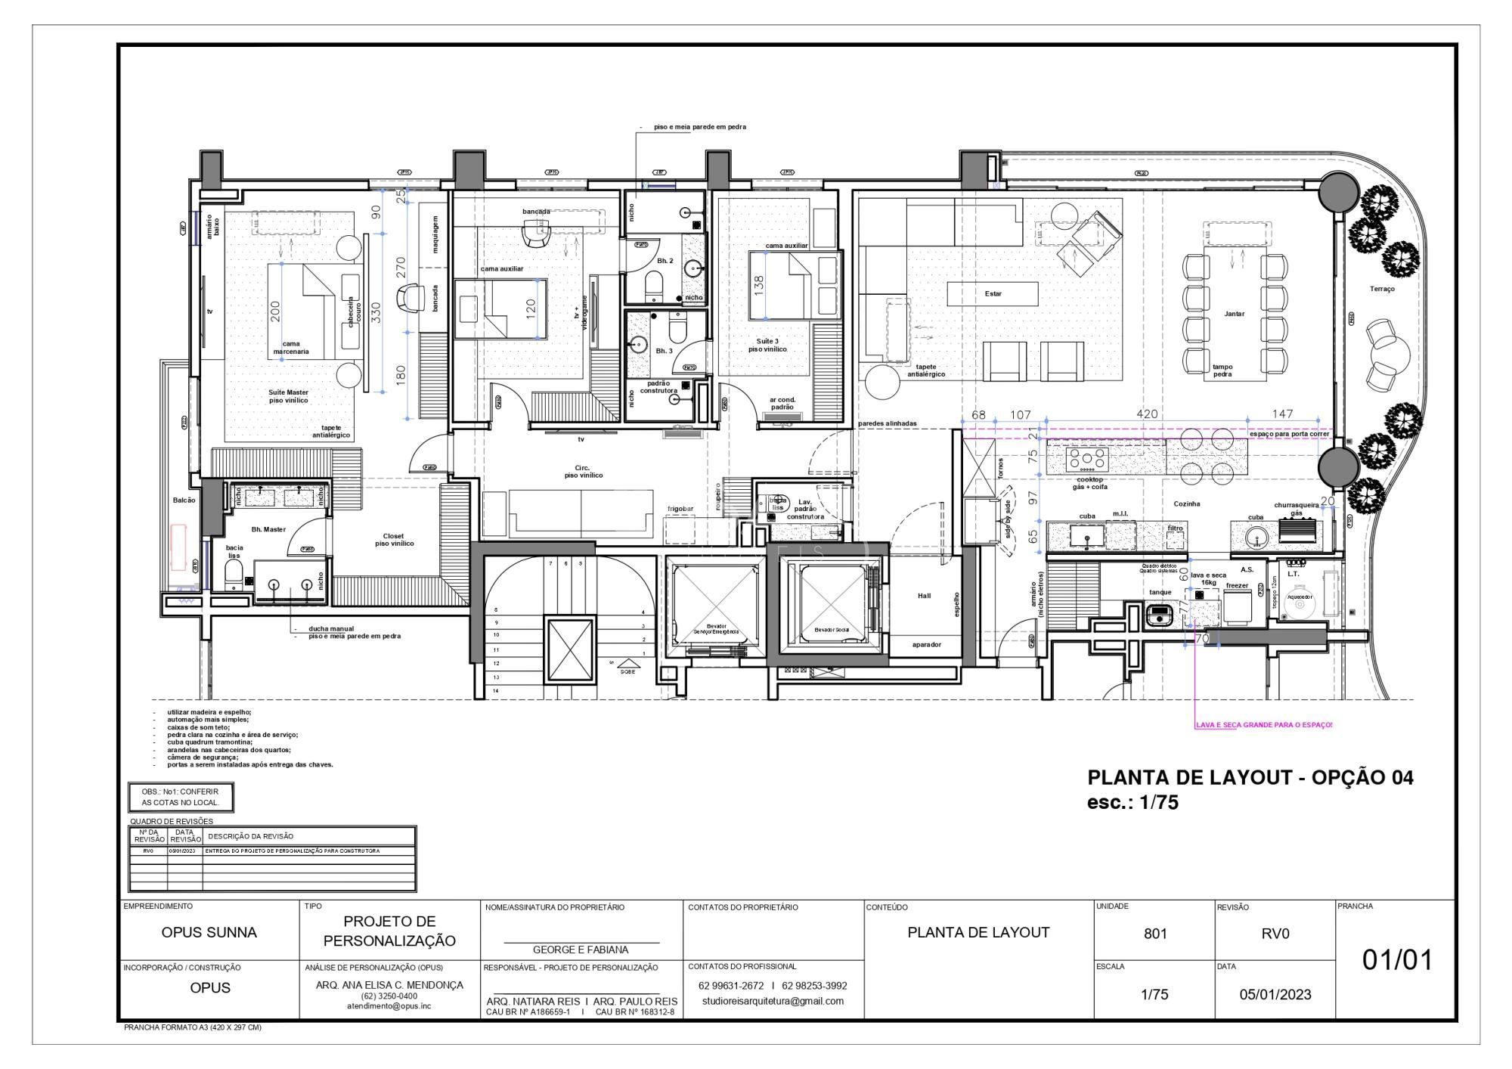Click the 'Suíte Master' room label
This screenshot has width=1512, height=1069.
pos(288,392)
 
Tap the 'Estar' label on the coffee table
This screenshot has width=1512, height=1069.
pos(993,293)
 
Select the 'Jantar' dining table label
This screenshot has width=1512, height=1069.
pos(1234,313)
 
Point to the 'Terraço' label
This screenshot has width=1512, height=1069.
pos(1382,289)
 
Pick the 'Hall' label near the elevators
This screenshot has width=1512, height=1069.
pos(924,596)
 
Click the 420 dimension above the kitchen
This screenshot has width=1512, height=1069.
pos(1147,414)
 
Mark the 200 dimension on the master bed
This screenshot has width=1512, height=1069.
pos(275,311)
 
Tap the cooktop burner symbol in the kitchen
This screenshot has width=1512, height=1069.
pos(1086,458)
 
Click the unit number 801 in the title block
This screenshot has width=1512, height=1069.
pos(1154,934)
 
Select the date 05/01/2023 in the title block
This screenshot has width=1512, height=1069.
pos(1275,994)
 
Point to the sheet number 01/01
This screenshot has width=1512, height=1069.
pos(1397,960)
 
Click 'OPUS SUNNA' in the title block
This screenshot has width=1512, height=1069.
pos(209,932)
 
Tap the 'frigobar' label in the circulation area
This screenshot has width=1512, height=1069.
pos(680,509)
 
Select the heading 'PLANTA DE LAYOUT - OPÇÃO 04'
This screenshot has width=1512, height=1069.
pos(1250,777)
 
